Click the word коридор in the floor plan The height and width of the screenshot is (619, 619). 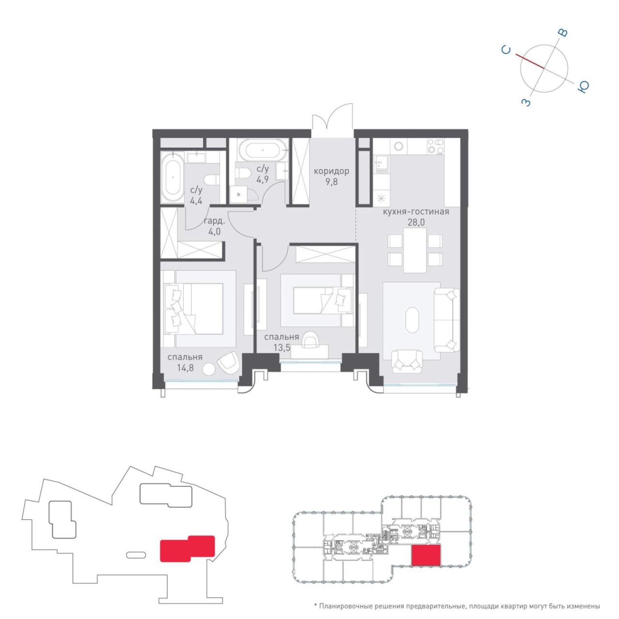(331, 172)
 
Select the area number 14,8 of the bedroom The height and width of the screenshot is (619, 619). (185, 368)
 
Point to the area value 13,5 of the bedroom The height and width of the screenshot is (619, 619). (282, 347)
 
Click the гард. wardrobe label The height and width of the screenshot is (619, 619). (214, 221)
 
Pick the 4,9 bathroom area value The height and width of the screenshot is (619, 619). (263, 178)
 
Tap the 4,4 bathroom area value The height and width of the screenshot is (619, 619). (196, 202)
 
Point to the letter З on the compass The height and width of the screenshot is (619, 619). (526, 103)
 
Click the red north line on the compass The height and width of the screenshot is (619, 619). (530, 61)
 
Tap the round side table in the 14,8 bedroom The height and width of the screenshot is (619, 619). (209, 368)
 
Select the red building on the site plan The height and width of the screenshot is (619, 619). (187, 549)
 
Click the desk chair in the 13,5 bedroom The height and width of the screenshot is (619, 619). (310, 339)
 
